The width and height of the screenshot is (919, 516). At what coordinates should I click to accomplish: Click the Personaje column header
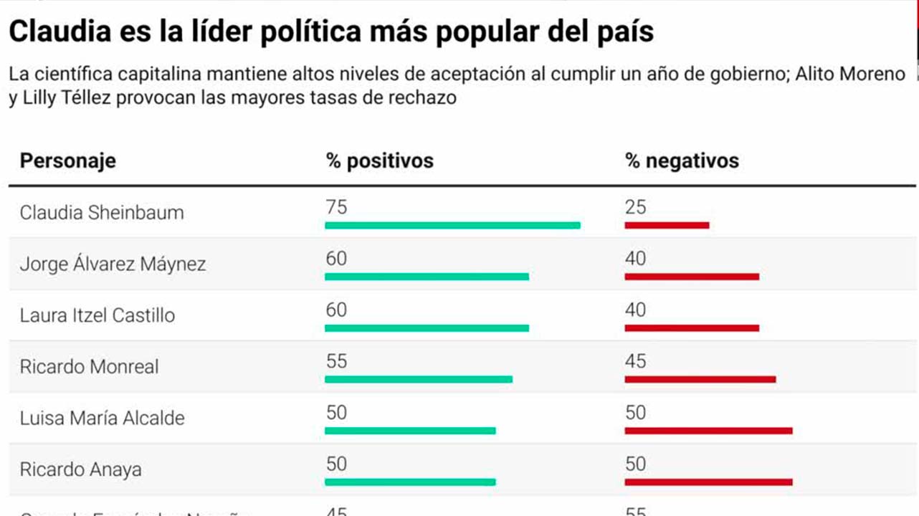[x=67, y=161]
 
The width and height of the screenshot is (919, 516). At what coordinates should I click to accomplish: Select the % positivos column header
[x=379, y=161]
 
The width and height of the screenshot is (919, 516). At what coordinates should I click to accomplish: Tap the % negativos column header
[x=682, y=161]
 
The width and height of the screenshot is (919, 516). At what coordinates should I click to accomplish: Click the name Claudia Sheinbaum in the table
[x=102, y=213]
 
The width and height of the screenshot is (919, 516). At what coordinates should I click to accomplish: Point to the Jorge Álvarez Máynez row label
[x=113, y=264]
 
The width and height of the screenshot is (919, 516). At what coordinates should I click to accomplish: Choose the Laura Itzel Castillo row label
[x=97, y=315]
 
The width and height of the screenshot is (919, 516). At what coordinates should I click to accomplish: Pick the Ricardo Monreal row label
[x=89, y=367]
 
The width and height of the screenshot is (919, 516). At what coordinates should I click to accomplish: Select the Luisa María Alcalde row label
[x=102, y=419]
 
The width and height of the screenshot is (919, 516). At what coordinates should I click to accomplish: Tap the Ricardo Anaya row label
[x=80, y=470]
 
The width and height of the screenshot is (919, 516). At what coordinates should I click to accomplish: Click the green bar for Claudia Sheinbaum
[x=452, y=226]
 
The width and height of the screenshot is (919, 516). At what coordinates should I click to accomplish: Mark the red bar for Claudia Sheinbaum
[x=667, y=226]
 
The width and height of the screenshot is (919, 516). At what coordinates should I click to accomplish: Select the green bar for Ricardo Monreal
[x=419, y=379]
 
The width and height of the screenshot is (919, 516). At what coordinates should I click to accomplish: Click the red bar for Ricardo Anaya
[x=708, y=482]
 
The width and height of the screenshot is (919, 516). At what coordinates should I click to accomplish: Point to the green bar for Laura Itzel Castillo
[x=427, y=328]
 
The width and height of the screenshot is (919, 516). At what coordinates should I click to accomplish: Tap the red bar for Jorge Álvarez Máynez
[x=692, y=277]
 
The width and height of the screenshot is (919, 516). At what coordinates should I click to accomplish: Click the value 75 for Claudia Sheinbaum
[x=336, y=208]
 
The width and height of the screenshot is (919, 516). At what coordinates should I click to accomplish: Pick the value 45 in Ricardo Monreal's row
[x=636, y=361]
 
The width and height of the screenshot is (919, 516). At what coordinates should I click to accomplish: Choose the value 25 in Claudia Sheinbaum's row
[x=636, y=208]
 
